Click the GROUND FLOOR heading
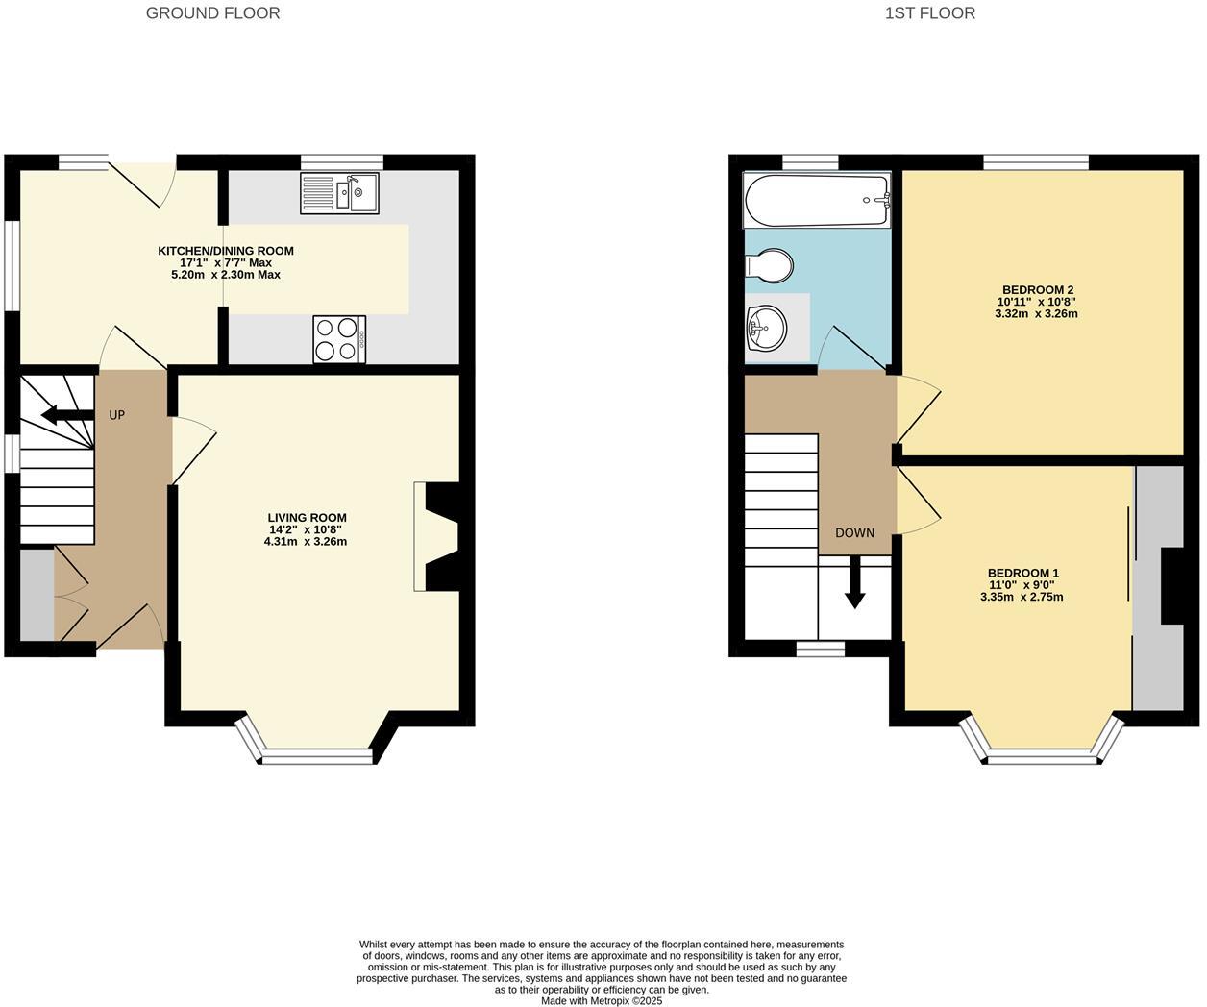click(x=212, y=13)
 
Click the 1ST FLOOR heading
click(x=929, y=13)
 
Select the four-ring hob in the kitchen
click(x=339, y=339)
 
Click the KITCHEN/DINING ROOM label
click(x=226, y=251)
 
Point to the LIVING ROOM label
click(x=307, y=518)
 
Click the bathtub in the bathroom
click(x=817, y=199)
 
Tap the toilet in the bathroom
click(x=770, y=266)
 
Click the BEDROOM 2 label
click(x=1037, y=290)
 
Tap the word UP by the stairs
click(x=116, y=415)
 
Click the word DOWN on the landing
click(x=854, y=532)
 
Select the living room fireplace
click(x=437, y=535)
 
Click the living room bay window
click(x=316, y=752)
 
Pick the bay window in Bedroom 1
click(x=1042, y=752)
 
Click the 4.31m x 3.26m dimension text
click(x=305, y=542)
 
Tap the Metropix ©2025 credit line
click(x=602, y=1000)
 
